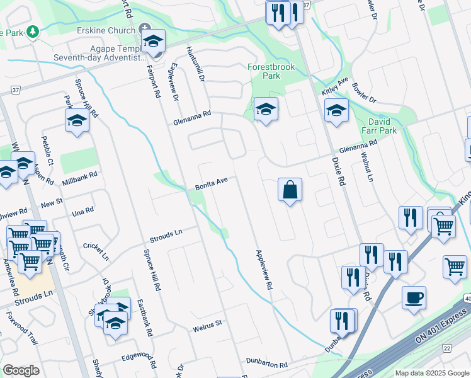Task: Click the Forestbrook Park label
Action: [x=271, y=71]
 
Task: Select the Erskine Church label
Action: [x=110, y=30]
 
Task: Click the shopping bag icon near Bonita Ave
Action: [x=290, y=190]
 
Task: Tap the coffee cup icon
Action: [x=414, y=299]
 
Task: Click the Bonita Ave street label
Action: [x=210, y=182]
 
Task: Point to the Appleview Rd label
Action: [x=264, y=268]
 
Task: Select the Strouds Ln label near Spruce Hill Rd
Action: [x=165, y=236]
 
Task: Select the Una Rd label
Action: [x=82, y=212]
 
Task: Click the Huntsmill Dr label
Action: [x=195, y=65]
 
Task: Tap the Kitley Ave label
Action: [x=335, y=87]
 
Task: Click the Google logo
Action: [x=21, y=370]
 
